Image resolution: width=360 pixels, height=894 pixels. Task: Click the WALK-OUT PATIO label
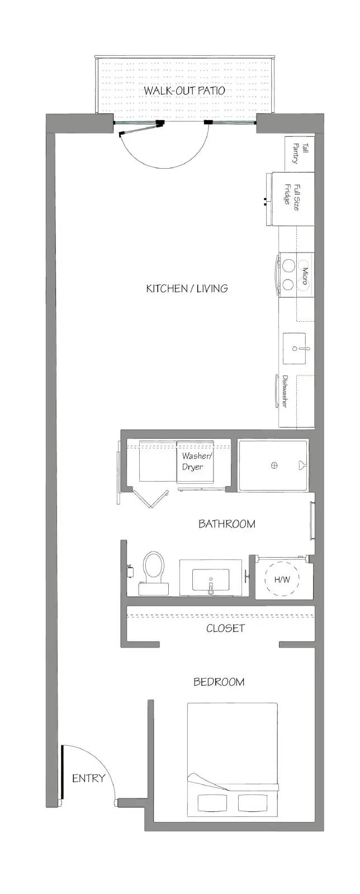(x=184, y=90)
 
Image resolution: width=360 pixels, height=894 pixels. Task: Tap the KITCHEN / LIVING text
(x=187, y=288)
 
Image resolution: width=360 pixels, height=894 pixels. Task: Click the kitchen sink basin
(x=295, y=349)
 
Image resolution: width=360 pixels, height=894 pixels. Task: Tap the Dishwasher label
(x=285, y=391)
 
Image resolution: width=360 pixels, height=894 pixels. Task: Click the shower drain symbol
(x=274, y=465)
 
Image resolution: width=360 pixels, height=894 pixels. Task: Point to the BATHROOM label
(x=227, y=524)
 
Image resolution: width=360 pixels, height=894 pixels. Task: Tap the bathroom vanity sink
(x=211, y=580)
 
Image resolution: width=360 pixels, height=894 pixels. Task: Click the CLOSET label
(x=225, y=628)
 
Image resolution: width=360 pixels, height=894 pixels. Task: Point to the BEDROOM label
(x=219, y=682)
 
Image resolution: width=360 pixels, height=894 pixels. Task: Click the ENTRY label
(x=89, y=778)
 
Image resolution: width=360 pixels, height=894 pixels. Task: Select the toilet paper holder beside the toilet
(x=130, y=571)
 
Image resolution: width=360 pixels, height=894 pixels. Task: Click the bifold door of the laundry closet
(x=150, y=498)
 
